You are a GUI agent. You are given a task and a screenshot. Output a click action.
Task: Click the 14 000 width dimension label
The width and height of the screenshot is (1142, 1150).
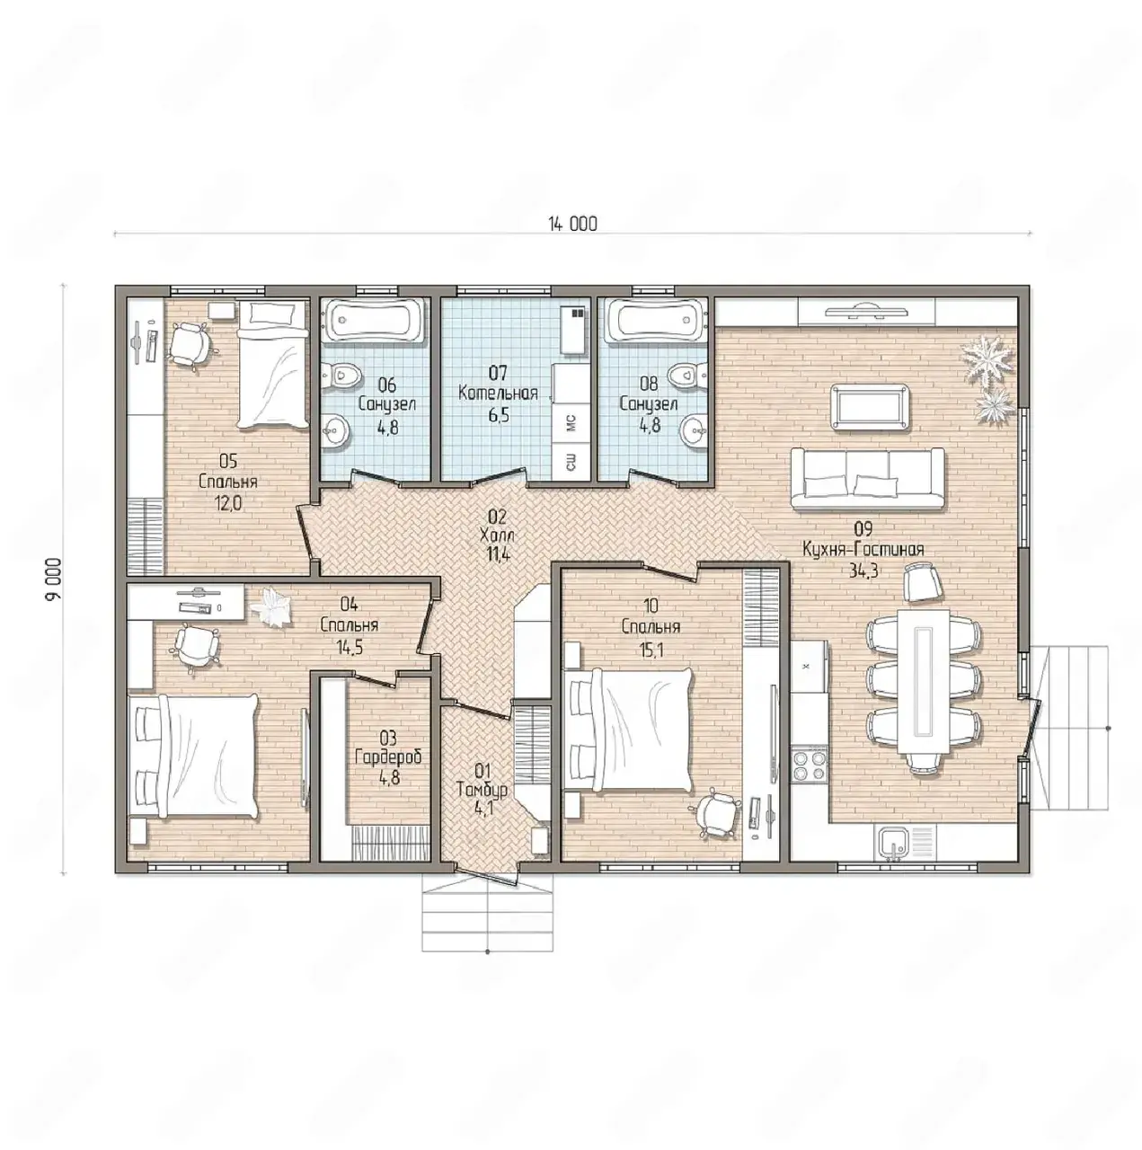pos(571,224)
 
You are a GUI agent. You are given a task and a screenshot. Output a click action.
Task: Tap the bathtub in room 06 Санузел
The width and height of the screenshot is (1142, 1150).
pos(375,322)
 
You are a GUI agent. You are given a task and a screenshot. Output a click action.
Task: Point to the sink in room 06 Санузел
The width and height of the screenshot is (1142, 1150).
pos(337,429)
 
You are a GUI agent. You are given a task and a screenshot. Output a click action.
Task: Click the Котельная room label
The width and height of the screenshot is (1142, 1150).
pos(498,394)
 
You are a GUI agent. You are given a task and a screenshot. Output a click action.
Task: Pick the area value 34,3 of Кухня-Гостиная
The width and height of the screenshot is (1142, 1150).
pos(863,571)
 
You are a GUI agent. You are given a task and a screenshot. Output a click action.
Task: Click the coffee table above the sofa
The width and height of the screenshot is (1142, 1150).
pos(870,407)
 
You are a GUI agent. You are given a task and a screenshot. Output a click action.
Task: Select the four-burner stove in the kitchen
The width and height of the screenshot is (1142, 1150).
pos(809,764)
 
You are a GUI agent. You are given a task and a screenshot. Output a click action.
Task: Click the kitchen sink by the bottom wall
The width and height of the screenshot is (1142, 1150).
pos(893,844)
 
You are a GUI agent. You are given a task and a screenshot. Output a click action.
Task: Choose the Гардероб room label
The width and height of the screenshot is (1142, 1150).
pos(388,757)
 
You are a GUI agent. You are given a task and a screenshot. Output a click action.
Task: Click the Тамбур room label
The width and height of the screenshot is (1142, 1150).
pos(482,790)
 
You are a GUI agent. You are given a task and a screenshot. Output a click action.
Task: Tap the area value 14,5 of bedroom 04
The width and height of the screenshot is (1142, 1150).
pos(350,647)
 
